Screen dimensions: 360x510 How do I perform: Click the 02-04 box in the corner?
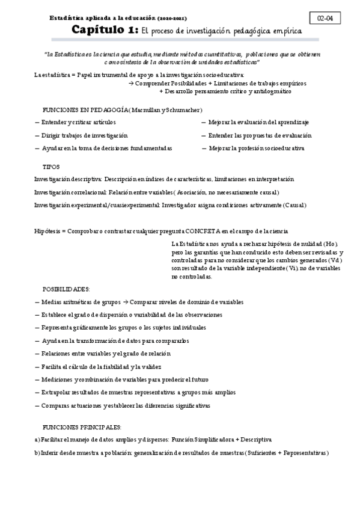coord(325,19)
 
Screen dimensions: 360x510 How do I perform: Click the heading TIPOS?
coord(50,166)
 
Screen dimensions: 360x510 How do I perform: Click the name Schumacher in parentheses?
coord(181,110)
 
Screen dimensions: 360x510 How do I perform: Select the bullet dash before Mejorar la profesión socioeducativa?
coord(204,148)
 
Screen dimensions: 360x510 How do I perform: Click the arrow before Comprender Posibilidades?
coord(130,83)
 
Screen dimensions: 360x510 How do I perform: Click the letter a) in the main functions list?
coord(37,440)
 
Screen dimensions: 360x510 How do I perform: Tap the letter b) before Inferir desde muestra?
coord(37,453)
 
